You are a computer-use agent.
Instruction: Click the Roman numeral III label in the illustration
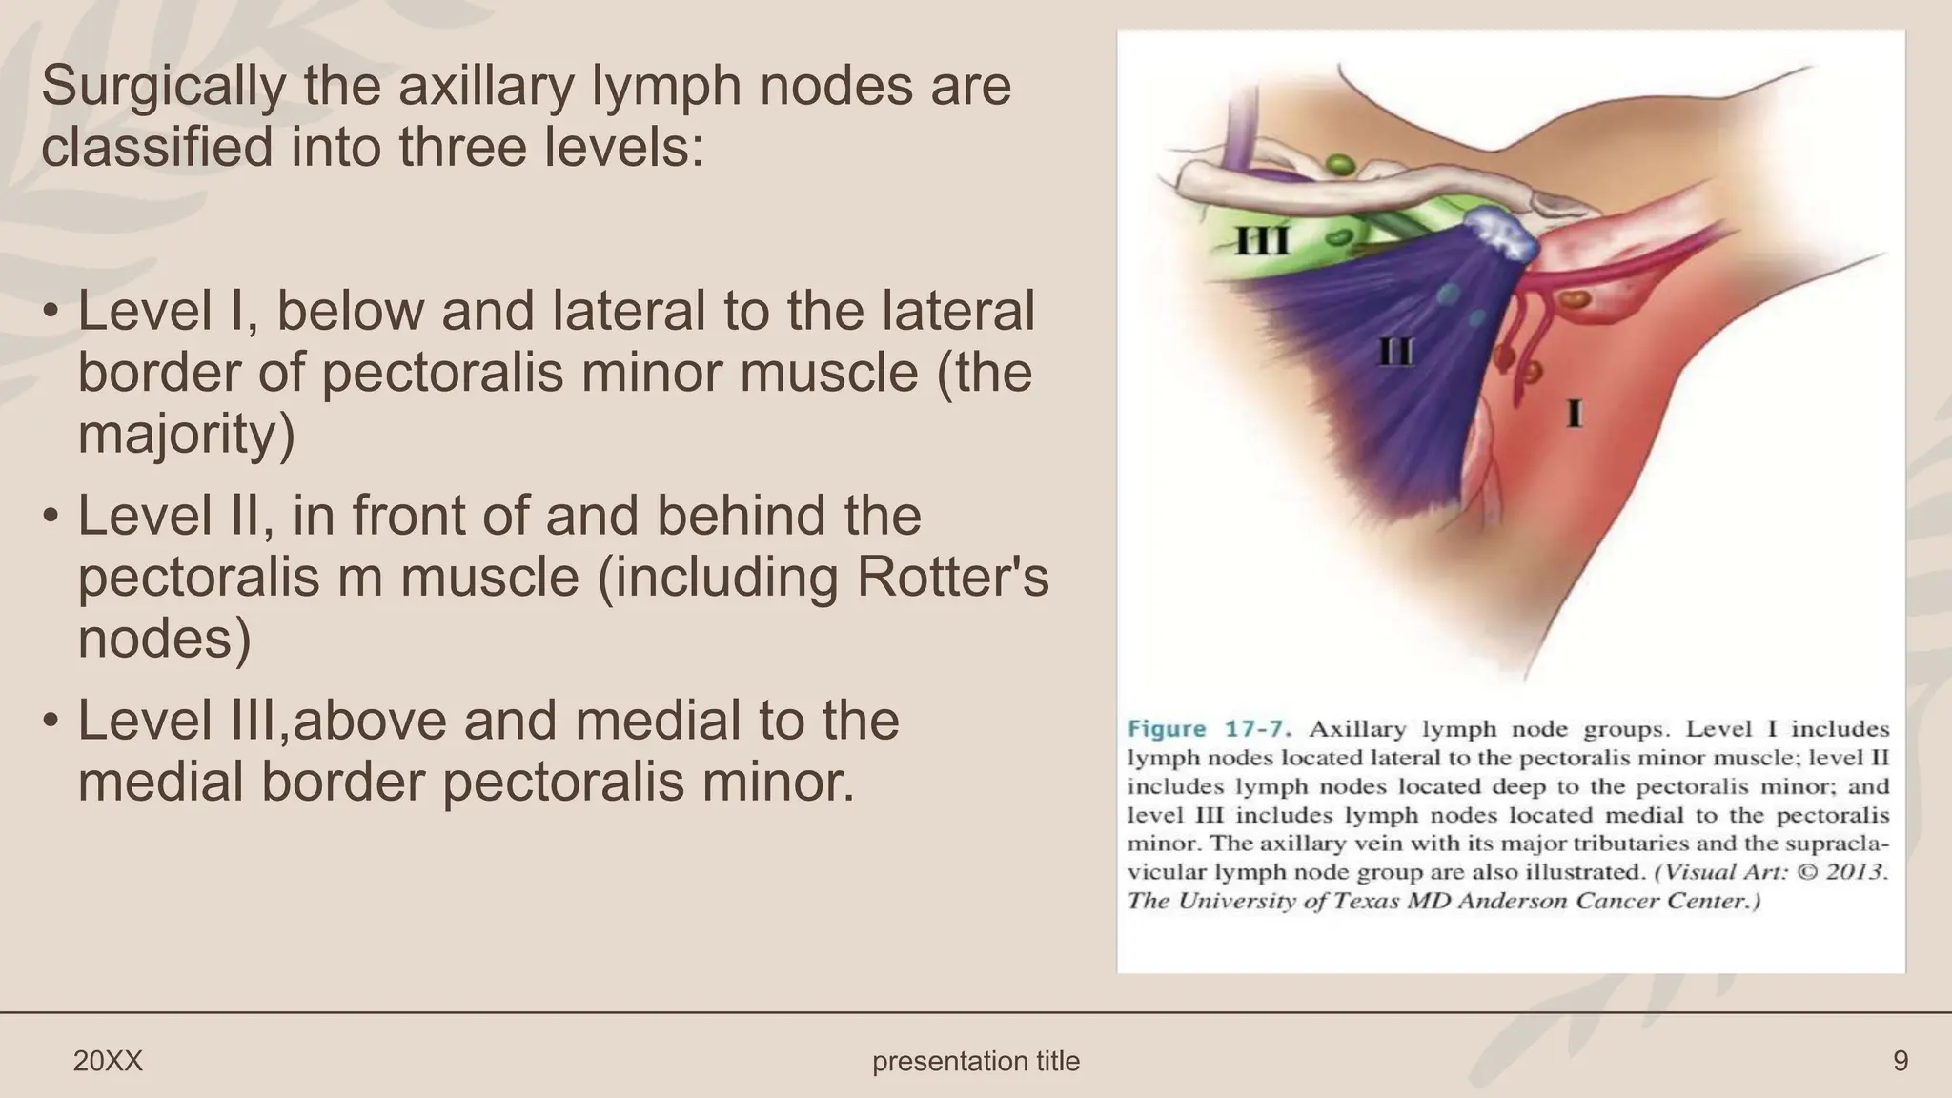(1263, 241)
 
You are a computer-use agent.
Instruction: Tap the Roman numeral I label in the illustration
(1575, 415)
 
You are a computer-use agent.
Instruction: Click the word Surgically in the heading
(163, 87)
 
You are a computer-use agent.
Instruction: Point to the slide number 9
(1900, 1061)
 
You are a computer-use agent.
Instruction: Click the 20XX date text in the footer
(108, 1061)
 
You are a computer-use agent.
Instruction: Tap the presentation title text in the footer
(976, 1061)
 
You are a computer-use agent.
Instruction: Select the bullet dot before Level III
(51, 722)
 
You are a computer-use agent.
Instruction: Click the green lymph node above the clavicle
(1341, 164)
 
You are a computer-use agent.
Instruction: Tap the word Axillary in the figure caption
(1358, 730)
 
